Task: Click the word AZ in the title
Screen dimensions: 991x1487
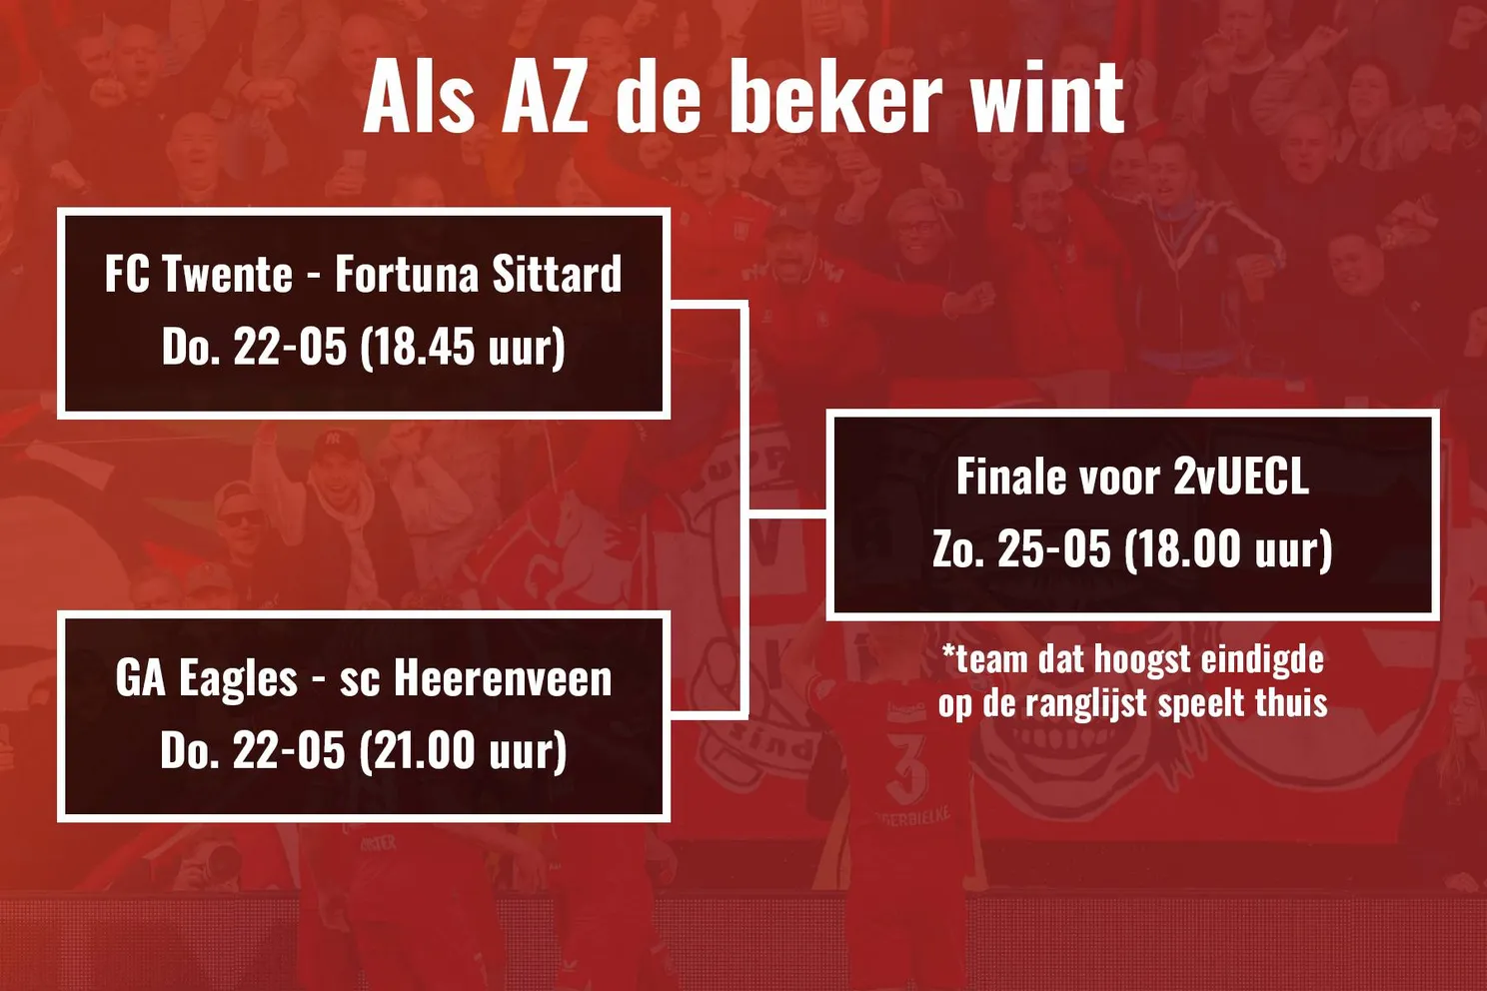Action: (545, 98)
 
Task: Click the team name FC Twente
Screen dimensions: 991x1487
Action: (199, 275)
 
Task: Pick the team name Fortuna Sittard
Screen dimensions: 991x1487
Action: (478, 275)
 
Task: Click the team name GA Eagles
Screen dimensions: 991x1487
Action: (207, 679)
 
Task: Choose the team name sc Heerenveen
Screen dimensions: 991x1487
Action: (476, 679)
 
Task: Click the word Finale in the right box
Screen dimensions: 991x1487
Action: (1008, 477)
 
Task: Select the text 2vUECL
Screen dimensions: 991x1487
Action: (1240, 477)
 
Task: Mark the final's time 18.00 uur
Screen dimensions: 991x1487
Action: (1228, 549)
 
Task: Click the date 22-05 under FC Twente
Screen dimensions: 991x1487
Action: (290, 348)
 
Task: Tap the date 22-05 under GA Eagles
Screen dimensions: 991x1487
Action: (289, 751)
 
